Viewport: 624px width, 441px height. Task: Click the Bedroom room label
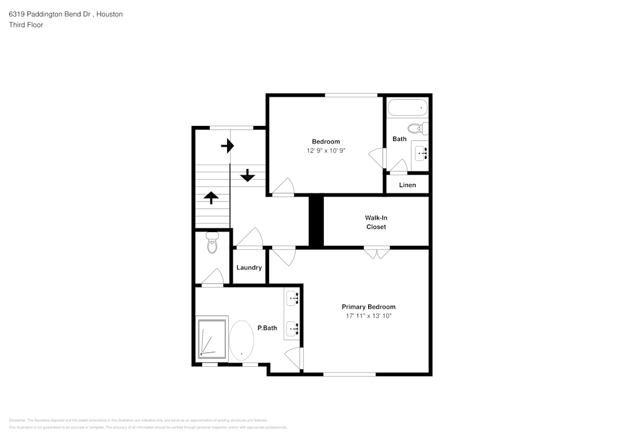(x=326, y=141)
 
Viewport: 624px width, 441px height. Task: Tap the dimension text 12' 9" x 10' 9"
(x=326, y=150)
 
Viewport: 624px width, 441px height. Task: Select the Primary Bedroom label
(x=368, y=306)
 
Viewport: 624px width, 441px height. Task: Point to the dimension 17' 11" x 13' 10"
(x=368, y=316)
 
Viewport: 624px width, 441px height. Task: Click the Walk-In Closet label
(x=376, y=222)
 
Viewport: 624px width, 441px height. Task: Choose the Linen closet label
(x=407, y=185)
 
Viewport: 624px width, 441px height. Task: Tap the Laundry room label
(x=249, y=268)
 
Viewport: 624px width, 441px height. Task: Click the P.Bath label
(x=267, y=327)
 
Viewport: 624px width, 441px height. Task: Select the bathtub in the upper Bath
(x=407, y=108)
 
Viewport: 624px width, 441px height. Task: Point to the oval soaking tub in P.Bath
(x=241, y=340)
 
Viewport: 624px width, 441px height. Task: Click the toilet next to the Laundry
(x=212, y=243)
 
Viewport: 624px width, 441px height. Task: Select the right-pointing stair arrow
(x=228, y=147)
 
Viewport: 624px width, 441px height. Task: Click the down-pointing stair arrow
(x=248, y=175)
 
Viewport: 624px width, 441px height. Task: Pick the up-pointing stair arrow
(x=211, y=198)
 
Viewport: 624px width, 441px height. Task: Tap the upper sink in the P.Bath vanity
(x=293, y=298)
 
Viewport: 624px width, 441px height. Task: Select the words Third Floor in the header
(x=26, y=25)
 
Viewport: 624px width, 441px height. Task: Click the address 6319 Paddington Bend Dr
(x=49, y=14)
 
